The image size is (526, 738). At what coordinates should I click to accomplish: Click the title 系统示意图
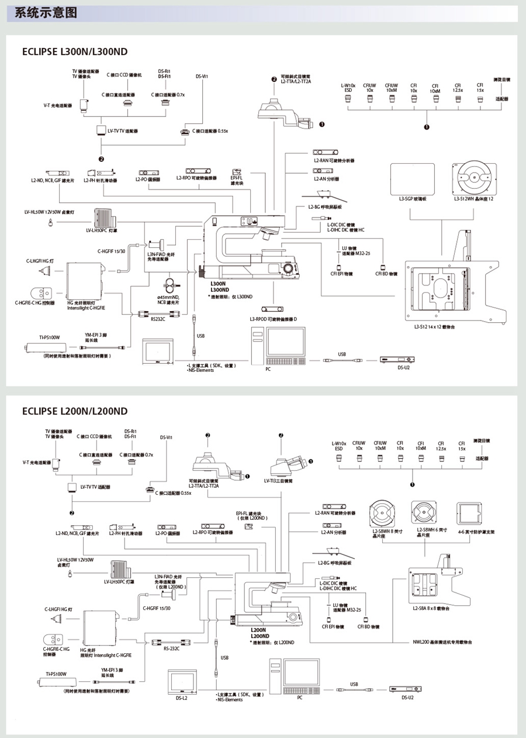tap(46, 12)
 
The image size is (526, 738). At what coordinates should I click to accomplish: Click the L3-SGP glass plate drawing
tap(413, 178)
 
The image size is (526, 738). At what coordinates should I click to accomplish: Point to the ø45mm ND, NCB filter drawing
tap(170, 285)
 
